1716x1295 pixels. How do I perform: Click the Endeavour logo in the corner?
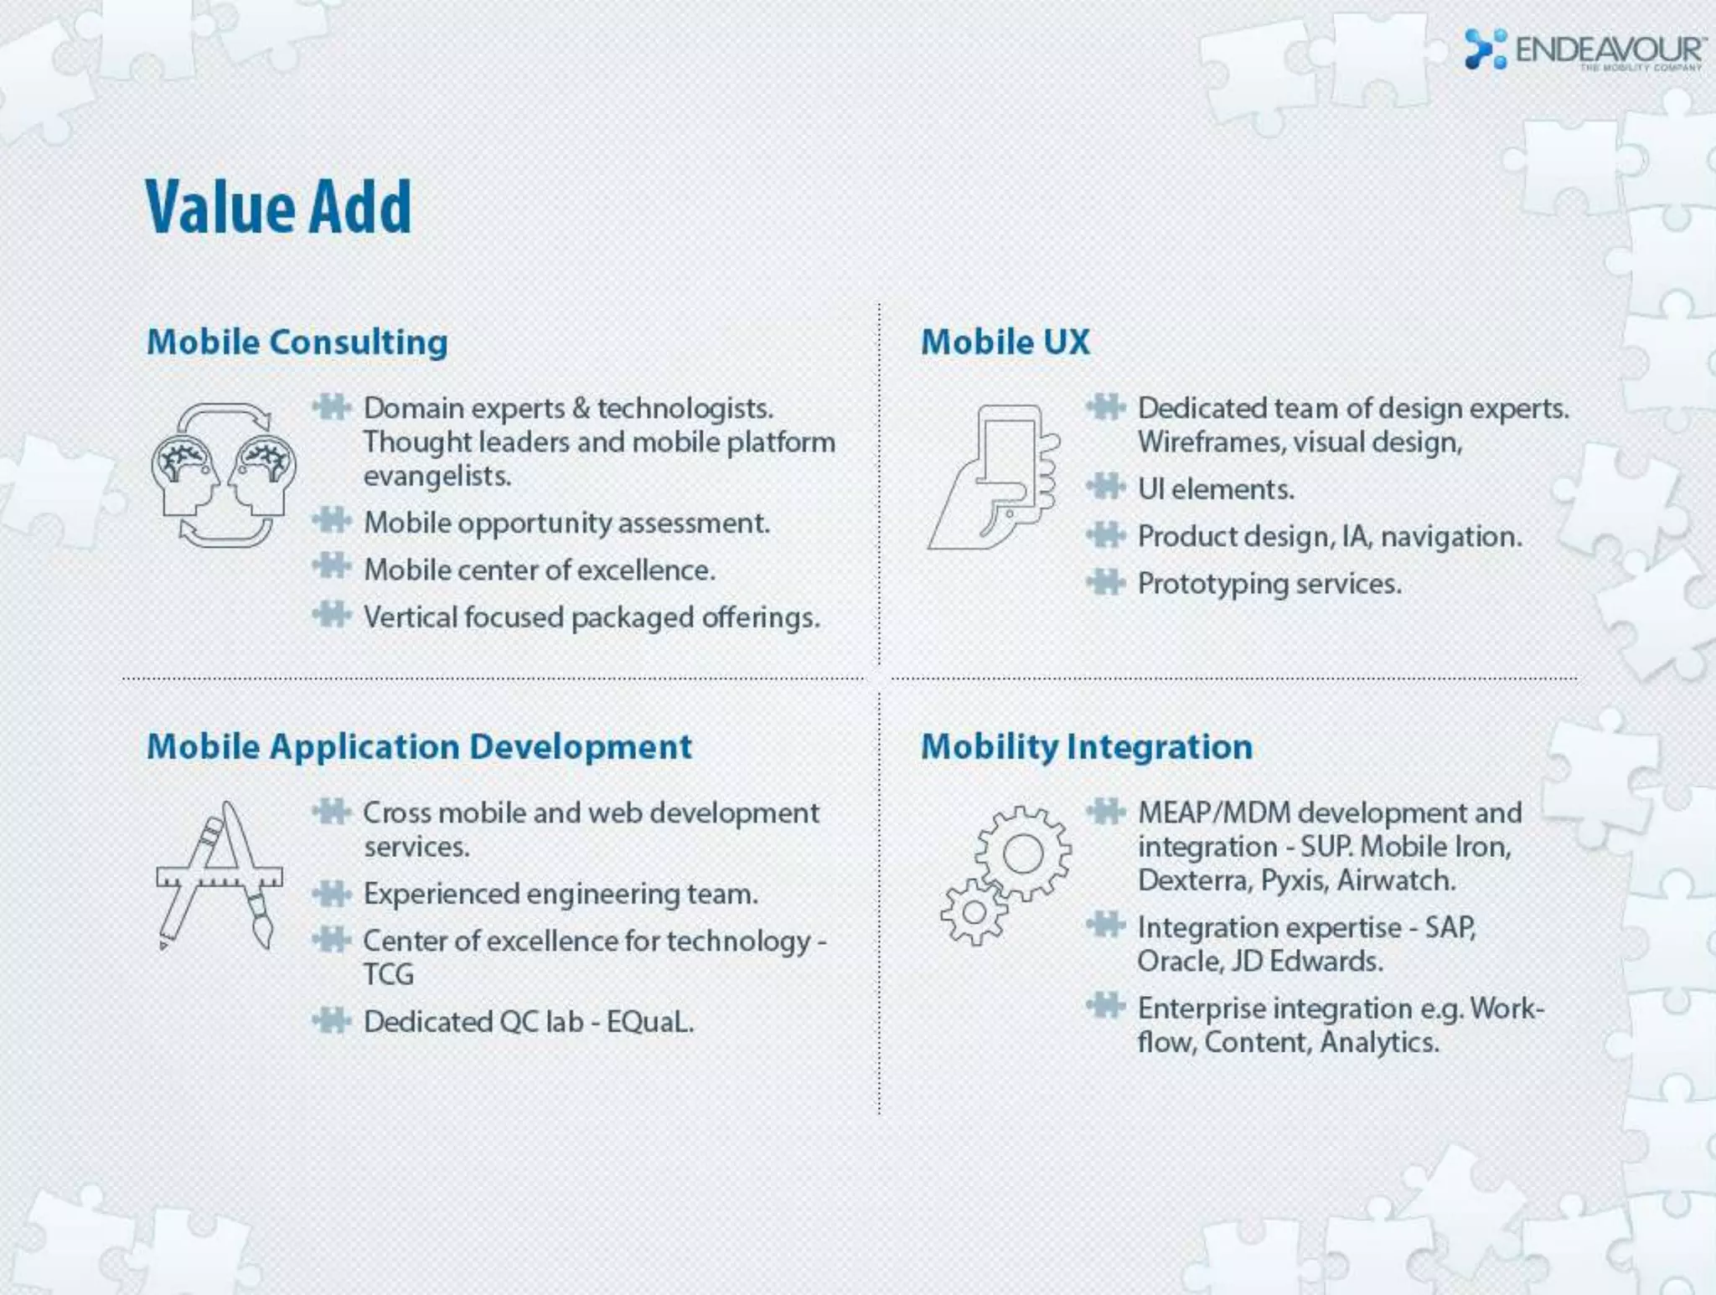coord(1582,50)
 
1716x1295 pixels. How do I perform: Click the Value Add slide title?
coord(278,207)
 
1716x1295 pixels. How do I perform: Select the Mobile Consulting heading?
coord(297,342)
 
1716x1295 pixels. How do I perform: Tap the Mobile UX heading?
coord(1005,342)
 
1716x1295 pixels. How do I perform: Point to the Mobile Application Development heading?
coord(419,746)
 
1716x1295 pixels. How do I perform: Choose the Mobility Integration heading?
coord(1086,746)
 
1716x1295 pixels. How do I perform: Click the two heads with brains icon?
coord(224,475)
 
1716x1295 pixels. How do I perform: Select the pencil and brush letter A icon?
coord(220,876)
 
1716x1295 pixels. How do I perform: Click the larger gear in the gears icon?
coord(1023,854)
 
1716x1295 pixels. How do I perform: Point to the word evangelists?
coord(437,476)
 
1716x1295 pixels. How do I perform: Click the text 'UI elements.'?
coord(1215,489)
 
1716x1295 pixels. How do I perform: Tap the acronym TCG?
coord(388,974)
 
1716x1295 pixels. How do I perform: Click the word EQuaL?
coord(650,1022)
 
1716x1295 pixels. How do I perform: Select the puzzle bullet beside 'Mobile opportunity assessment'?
coord(332,521)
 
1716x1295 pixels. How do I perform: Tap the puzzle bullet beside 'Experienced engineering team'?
coord(332,893)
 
